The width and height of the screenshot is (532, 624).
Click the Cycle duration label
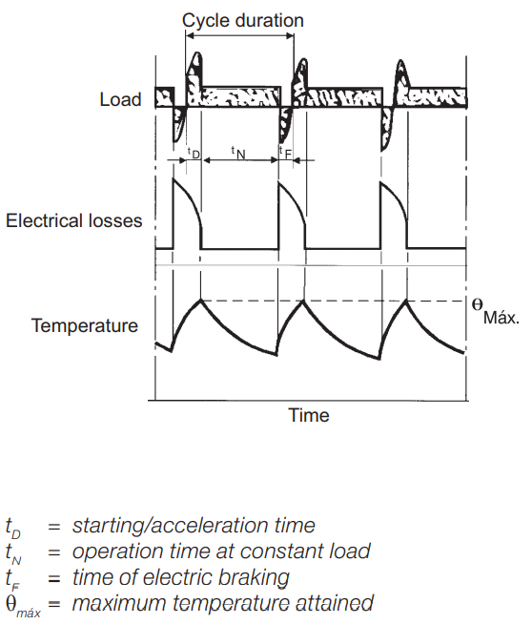[x=242, y=21]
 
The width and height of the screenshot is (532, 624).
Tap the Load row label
[x=120, y=99]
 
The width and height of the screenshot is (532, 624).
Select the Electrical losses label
[x=74, y=220]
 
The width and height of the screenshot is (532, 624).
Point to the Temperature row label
[x=85, y=326]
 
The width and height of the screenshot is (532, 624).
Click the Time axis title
[x=309, y=415]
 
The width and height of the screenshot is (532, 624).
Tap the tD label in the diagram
[x=194, y=153]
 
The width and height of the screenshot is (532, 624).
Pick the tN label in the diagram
[x=238, y=153]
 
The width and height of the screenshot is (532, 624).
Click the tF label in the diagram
[x=285, y=153]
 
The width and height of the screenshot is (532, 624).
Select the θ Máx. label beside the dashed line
[x=496, y=311]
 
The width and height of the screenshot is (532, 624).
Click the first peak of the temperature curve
[x=201, y=300]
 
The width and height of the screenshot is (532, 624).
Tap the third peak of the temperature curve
[x=406, y=300]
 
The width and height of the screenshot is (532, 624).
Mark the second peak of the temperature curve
[x=303, y=300]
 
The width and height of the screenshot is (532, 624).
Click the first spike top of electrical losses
[x=174, y=178]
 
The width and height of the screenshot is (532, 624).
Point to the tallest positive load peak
[x=196, y=52]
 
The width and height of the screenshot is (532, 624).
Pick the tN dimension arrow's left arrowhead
[x=206, y=160]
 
